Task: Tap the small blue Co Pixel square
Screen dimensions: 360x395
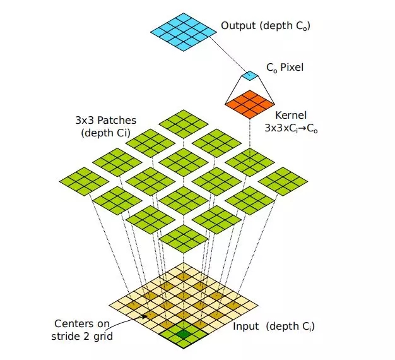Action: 250,76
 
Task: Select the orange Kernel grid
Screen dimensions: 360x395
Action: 249,103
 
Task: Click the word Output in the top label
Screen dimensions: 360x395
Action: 236,27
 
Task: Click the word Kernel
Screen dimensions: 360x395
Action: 291,116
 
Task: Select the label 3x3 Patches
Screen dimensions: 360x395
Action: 105,120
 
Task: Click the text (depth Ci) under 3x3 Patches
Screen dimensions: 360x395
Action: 105,133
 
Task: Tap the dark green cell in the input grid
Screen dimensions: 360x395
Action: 184,334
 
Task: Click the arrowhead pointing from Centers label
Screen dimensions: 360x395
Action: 146,316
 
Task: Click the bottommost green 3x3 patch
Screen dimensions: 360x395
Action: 183,239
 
